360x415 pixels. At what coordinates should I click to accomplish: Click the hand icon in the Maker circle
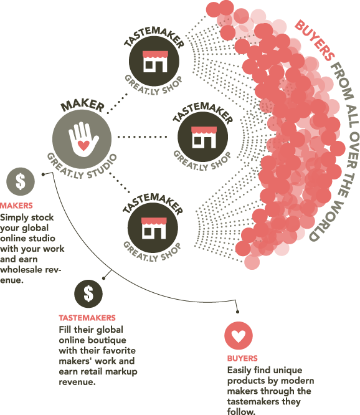coord(83,139)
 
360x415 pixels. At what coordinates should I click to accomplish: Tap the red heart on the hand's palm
coord(83,146)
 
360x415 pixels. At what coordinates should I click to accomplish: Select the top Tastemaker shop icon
coord(154,62)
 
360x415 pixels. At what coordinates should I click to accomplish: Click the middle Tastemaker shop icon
coord(203,137)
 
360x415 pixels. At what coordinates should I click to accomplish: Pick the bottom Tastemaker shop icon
coord(153,228)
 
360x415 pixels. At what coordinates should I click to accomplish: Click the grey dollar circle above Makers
coord(21,181)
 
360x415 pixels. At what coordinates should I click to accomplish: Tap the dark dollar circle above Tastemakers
coord(88,293)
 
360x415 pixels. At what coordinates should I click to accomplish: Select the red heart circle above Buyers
coord(239,336)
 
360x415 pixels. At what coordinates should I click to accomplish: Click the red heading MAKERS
coord(16,206)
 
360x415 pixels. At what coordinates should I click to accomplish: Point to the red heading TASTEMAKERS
coord(87,318)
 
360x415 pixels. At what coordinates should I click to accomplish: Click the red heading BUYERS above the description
coord(242,358)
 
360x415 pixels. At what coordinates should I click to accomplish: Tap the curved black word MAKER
coord(83,106)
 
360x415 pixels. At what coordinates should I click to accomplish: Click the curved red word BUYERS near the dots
coord(315,41)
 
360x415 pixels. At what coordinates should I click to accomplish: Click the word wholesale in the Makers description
coord(25,270)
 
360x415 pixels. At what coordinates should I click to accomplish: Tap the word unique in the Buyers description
coord(288,370)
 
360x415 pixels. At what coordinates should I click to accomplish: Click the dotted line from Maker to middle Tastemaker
coord(142,137)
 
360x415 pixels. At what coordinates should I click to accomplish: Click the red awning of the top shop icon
coord(155,54)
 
